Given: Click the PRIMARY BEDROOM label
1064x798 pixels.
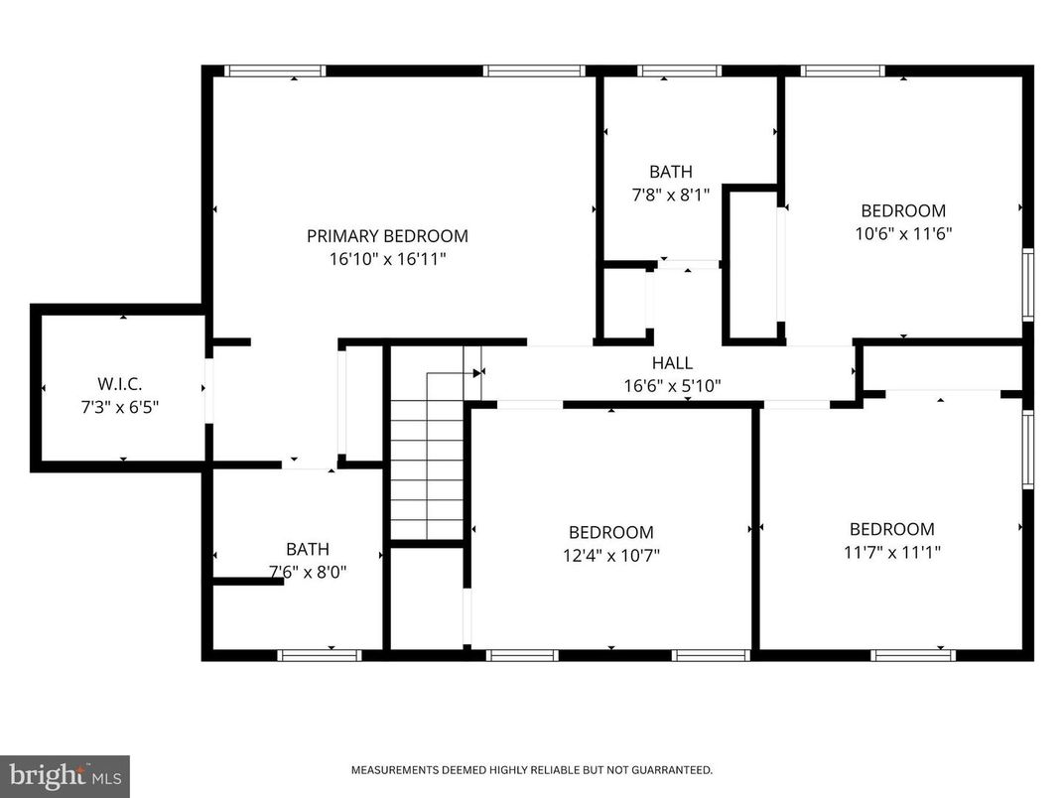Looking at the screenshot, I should (x=387, y=236).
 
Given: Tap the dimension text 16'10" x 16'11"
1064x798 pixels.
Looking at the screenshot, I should (x=387, y=259).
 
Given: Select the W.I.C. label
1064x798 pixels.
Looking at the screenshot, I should (x=123, y=382).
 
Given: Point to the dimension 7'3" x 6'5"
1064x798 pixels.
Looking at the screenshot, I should (x=123, y=405).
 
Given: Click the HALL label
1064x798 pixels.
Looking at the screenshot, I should (x=672, y=363).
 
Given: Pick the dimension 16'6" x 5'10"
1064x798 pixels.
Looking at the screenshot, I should (x=672, y=385).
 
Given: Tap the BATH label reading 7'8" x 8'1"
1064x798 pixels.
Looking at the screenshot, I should (x=671, y=172).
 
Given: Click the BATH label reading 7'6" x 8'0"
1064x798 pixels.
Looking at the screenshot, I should (x=308, y=549).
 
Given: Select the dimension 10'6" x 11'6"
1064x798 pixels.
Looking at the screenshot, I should (x=903, y=234).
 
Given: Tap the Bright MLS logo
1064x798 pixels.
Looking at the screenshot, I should (x=65, y=775).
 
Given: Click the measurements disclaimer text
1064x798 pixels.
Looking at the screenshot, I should (x=531, y=770).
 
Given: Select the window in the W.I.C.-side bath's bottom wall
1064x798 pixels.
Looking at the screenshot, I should (x=319, y=655).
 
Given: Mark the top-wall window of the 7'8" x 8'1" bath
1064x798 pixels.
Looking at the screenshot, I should (x=679, y=70).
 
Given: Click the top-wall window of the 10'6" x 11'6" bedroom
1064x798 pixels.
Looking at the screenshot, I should (x=842, y=70).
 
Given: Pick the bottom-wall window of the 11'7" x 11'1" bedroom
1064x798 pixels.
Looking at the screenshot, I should (x=913, y=655).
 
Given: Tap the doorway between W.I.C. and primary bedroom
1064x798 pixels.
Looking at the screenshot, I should (x=208, y=389).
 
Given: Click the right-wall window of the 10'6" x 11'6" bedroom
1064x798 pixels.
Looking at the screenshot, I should (x=1028, y=285).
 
